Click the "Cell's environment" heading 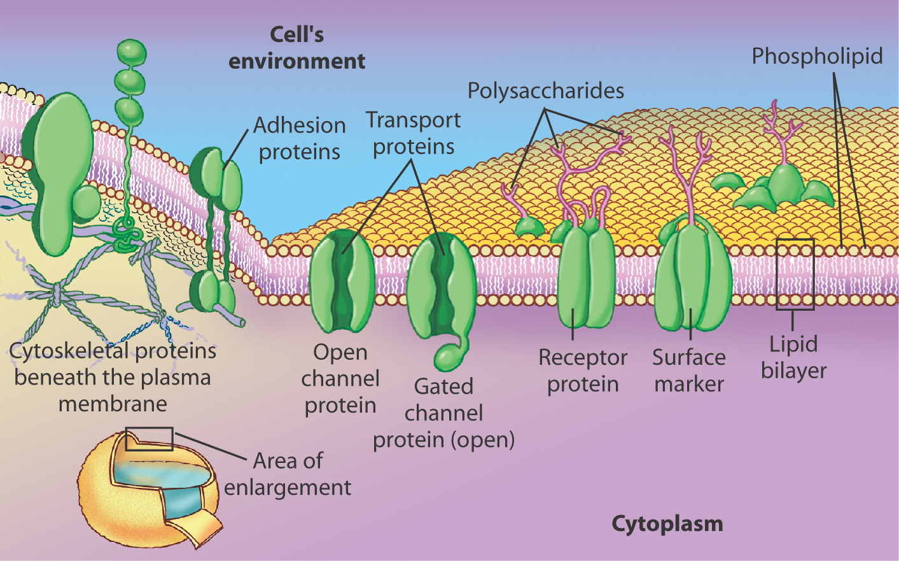(x=296, y=48)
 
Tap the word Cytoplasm (x=667, y=523)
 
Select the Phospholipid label (x=817, y=56)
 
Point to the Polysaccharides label (x=545, y=91)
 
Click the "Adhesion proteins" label (x=299, y=138)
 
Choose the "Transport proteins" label (x=414, y=133)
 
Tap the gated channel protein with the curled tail (x=440, y=287)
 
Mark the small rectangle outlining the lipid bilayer (x=795, y=274)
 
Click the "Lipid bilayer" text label (x=793, y=357)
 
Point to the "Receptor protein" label (x=582, y=371)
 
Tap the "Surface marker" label (x=689, y=371)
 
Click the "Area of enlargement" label (x=288, y=474)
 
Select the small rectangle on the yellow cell (x=149, y=439)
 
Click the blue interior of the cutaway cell (x=162, y=475)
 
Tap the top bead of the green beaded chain (x=132, y=53)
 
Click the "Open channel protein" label (x=340, y=378)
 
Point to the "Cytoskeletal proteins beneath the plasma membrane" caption (x=113, y=377)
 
